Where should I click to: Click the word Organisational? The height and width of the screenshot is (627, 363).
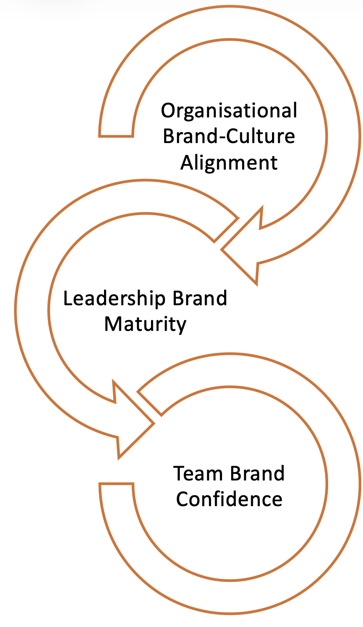[x=229, y=111]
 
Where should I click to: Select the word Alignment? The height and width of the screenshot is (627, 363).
[x=229, y=163]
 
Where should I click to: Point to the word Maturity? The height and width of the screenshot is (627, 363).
[x=145, y=324]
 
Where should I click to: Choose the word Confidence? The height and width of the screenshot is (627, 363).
[x=229, y=499]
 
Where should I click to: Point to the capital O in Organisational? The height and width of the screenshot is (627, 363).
[x=168, y=111]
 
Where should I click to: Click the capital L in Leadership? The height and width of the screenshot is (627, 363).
[x=67, y=299]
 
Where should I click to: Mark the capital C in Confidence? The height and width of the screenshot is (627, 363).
[x=183, y=499]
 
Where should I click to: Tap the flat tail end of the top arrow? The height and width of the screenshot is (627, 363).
[x=116, y=136]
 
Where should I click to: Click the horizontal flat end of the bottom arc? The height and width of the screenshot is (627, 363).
[x=116, y=484]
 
